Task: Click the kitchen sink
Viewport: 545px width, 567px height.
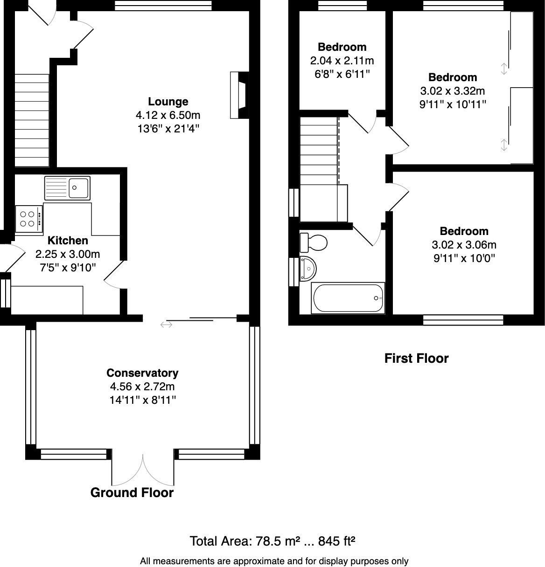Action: (68, 188)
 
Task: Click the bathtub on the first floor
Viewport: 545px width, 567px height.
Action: (348, 298)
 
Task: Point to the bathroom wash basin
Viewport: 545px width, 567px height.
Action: (308, 268)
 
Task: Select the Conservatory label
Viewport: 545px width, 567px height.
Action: (142, 373)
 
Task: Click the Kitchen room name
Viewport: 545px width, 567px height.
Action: (68, 241)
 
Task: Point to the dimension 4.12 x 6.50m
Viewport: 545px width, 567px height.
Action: (168, 115)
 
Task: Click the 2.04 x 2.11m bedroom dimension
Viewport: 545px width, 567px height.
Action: (342, 61)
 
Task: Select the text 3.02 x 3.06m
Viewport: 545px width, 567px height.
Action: (464, 245)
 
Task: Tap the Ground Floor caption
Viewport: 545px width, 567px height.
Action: (132, 493)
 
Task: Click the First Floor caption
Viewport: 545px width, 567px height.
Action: (416, 359)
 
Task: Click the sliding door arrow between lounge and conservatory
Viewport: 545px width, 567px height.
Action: (167, 324)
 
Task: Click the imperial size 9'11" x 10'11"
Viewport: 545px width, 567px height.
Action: (453, 104)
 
